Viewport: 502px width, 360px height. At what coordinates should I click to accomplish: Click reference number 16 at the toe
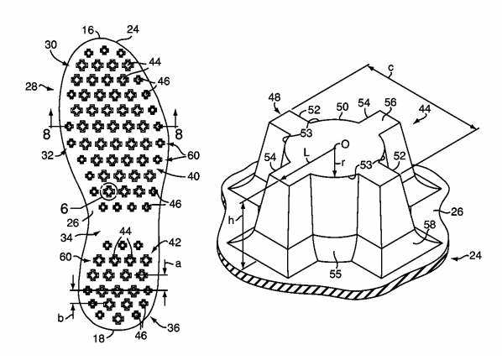87,30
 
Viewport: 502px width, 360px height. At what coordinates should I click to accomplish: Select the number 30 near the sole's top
50,44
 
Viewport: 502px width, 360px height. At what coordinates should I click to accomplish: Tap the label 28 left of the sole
31,86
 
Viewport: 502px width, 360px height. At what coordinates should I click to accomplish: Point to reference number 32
48,155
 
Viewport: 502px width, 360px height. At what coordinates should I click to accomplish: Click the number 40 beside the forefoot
193,176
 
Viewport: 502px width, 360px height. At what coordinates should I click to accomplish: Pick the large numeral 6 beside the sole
65,209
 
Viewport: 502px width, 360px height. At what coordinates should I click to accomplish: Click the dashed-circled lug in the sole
108,191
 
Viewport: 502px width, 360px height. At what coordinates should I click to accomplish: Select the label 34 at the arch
66,237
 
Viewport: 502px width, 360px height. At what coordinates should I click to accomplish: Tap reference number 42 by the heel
175,243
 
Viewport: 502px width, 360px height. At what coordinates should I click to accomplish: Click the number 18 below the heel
99,338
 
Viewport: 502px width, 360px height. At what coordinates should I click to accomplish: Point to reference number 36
174,327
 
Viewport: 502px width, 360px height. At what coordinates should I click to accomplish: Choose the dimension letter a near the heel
178,263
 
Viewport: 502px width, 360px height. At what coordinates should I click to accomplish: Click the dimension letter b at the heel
60,318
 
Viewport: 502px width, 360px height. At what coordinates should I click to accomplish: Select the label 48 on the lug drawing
275,97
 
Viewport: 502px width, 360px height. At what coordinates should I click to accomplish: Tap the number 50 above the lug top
343,107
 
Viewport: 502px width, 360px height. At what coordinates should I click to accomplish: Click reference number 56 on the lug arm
390,102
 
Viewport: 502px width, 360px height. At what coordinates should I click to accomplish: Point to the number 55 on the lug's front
336,274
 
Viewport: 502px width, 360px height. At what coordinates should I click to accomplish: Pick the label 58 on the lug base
430,224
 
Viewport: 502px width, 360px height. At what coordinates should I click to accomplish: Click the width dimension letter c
391,68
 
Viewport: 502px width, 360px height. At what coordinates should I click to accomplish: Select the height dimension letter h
231,220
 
